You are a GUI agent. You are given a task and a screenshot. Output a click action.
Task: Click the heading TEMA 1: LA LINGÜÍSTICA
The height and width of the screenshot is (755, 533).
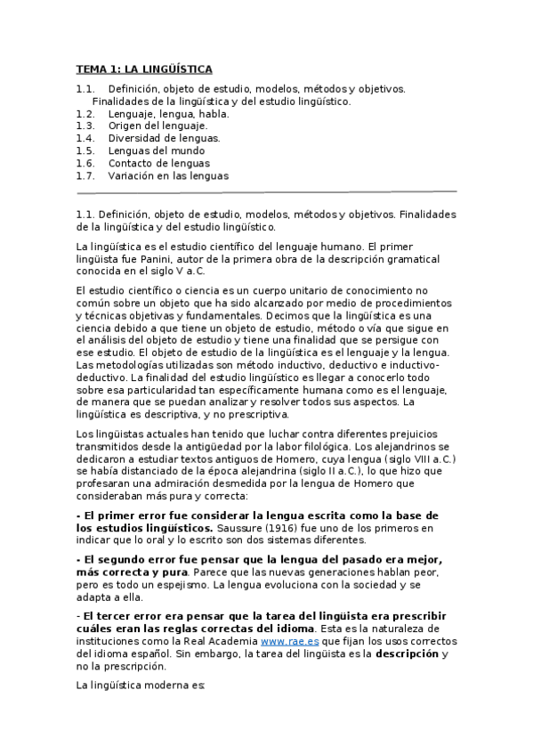coord(143,69)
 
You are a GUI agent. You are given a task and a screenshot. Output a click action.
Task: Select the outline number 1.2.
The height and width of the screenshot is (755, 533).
coord(85,114)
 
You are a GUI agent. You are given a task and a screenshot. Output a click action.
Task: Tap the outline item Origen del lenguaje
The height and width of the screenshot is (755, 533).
coord(157,126)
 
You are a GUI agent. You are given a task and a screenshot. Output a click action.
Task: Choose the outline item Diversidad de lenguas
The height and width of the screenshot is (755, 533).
coord(164,139)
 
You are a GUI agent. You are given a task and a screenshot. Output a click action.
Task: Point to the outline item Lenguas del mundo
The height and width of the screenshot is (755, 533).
coord(156,151)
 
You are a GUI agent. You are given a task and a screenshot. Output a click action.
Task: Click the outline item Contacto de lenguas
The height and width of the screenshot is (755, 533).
coord(158,164)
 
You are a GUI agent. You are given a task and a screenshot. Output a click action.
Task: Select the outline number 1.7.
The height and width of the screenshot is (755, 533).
coord(85,176)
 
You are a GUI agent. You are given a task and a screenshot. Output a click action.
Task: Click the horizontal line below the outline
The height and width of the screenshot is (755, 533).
coord(267,191)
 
